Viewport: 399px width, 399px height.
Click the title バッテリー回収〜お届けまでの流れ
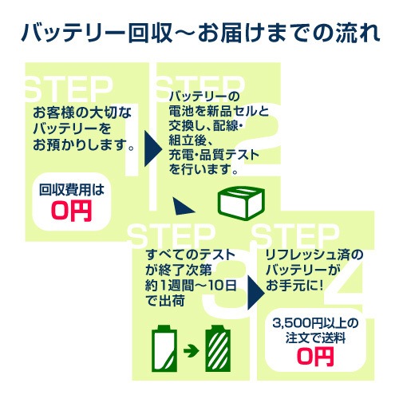click(x=199, y=34)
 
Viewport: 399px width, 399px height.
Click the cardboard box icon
click(x=240, y=203)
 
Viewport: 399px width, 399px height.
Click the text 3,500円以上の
click(x=314, y=322)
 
